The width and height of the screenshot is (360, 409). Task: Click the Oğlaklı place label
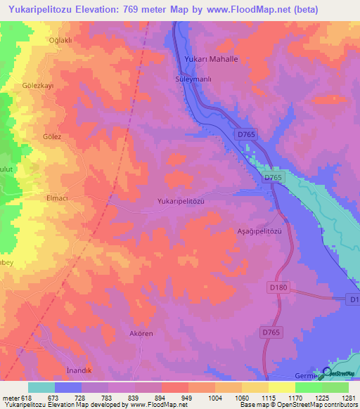[60, 40]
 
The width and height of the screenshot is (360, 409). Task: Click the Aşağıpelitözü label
[257, 231]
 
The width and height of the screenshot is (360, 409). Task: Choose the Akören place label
[141, 333]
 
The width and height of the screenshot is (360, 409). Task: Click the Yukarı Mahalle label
[211, 60]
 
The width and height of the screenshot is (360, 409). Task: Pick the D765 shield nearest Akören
[271, 332]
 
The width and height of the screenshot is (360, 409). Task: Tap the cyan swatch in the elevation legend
[41, 387]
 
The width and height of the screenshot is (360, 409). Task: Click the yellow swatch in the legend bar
[282, 387]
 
